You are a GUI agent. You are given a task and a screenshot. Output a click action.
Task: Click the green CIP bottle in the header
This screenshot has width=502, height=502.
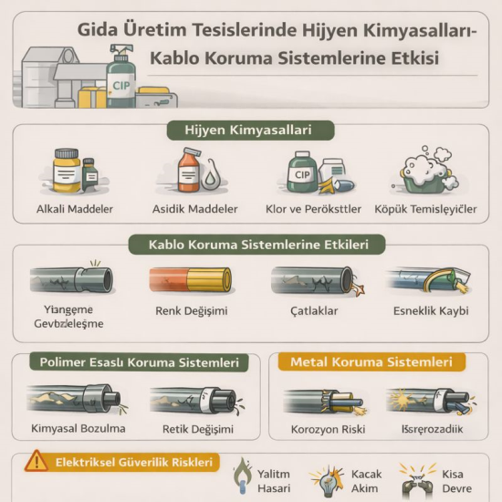pyautogui.click(x=120, y=80)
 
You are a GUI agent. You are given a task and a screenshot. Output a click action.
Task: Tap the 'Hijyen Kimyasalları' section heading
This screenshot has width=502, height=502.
pyautogui.click(x=251, y=131)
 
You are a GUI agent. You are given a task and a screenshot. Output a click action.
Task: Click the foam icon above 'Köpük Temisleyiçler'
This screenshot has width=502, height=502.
pyautogui.click(x=424, y=173)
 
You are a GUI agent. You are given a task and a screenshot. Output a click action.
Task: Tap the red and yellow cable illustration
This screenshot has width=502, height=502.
pyautogui.click(x=191, y=280)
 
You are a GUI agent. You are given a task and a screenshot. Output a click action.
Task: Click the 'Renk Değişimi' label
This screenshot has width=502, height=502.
pyautogui.click(x=192, y=311)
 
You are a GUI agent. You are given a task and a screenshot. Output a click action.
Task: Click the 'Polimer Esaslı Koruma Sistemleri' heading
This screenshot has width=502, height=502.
pyautogui.click(x=140, y=362)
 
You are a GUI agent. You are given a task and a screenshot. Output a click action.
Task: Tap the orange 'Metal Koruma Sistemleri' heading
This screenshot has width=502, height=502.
pyautogui.click(x=371, y=362)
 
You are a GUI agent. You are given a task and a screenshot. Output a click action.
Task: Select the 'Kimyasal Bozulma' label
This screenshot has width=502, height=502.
pyautogui.click(x=78, y=428)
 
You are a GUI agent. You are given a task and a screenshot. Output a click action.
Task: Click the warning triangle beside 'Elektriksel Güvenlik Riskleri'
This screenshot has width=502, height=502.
pyautogui.click(x=35, y=461)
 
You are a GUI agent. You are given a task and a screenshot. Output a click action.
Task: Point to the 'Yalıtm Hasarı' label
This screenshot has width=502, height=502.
pyautogui.click(x=275, y=481)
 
